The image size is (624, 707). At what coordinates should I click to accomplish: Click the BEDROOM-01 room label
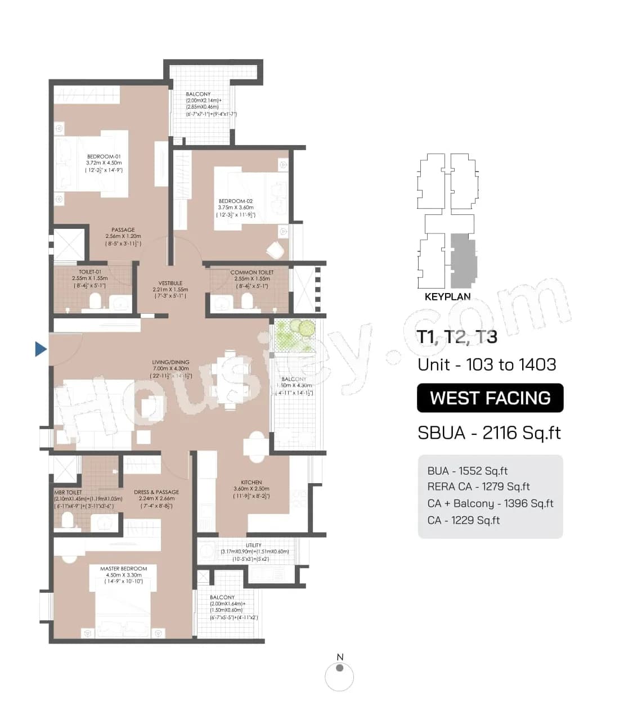pos(104,157)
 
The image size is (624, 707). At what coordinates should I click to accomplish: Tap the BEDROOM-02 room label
pos(236,201)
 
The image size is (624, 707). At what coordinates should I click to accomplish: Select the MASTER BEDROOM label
pos(124,569)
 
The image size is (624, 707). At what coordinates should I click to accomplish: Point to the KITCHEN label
pos(252,483)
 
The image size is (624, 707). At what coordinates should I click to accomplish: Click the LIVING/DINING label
pos(170,363)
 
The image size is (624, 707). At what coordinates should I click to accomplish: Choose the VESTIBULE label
pos(170,283)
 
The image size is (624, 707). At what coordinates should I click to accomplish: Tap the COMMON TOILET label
pos(252,272)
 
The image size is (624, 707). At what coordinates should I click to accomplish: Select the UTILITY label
pos(254,545)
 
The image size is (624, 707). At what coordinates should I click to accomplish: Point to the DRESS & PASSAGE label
pos(156,492)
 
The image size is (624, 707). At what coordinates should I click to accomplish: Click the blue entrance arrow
pos(41,349)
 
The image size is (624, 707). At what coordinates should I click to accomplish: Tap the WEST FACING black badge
pos(490,398)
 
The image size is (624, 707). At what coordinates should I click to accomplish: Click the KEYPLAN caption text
pos(447,296)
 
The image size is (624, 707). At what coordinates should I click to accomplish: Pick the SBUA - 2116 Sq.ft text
pos(489,433)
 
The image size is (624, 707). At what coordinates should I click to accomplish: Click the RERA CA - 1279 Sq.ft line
pos(478,487)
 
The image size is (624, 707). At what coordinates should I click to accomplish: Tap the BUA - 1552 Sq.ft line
pos(467,471)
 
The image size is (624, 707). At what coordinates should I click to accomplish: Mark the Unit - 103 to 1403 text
pos(487,364)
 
